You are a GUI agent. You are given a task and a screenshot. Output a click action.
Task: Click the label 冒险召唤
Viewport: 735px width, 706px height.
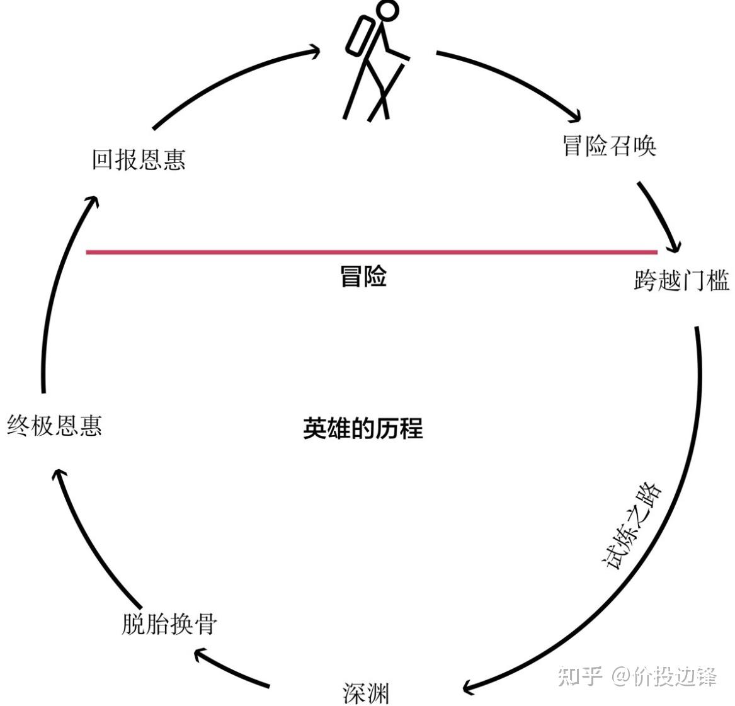point(609,145)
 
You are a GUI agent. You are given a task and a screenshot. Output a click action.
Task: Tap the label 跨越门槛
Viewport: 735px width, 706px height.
point(681,280)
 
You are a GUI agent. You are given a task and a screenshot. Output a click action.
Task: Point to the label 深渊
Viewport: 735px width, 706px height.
point(366,693)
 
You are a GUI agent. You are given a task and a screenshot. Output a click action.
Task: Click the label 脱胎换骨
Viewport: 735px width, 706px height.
point(169,623)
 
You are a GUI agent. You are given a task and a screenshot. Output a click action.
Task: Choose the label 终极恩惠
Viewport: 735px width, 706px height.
point(54,425)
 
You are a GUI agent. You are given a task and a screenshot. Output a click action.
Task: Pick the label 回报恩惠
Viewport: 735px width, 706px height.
point(139,159)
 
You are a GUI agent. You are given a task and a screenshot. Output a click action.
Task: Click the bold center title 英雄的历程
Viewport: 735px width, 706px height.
point(363,428)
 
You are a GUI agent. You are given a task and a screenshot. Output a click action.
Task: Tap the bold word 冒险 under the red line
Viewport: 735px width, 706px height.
point(363,276)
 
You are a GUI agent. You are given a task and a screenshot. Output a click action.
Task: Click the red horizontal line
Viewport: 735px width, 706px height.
point(372,252)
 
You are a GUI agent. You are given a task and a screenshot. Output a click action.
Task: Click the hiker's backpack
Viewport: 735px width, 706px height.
point(359,36)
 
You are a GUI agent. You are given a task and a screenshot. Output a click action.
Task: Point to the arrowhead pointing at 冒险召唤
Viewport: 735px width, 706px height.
point(574,116)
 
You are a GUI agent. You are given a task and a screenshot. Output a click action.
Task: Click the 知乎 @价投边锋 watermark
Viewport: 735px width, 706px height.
point(637,676)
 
